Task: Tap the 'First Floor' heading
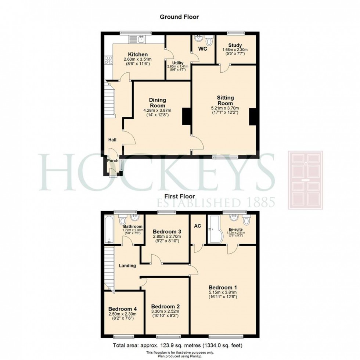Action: (180, 197)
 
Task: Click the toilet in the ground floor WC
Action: (209, 40)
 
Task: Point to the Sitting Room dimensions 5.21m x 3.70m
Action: (224, 108)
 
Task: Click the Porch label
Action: (112, 161)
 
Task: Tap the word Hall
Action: (112, 140)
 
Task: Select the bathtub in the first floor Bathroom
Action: (109, 230)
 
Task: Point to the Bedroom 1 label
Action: (222, 287)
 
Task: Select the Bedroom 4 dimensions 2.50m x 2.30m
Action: (122, 314)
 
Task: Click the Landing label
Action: (127, 266)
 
